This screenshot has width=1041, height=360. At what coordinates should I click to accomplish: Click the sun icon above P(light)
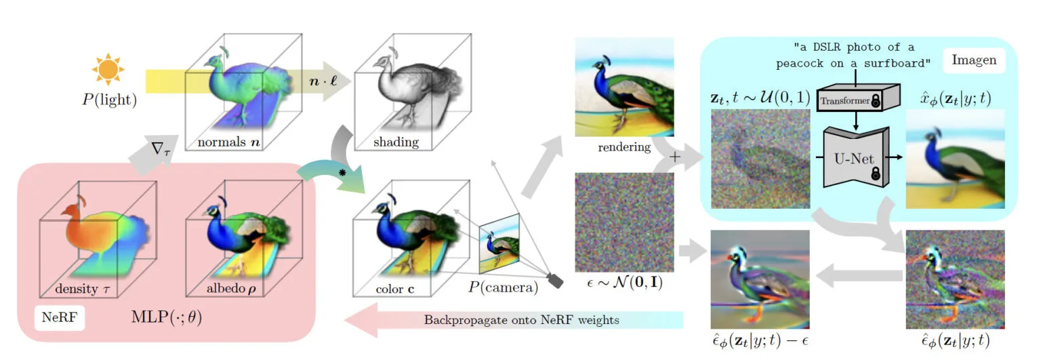click(108, 69)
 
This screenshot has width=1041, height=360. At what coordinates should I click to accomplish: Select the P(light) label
click(110, 100)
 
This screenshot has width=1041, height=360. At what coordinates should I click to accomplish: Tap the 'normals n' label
click(228, 142)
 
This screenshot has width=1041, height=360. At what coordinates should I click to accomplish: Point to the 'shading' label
click(396, 142)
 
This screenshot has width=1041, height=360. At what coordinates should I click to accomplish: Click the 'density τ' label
click(82, 289)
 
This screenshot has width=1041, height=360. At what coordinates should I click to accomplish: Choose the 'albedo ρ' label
click(231, 288)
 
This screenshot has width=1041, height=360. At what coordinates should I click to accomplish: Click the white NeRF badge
click(60, 317)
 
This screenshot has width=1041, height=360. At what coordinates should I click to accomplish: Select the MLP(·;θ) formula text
click(166, 317)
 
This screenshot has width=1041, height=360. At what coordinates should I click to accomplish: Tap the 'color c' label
click(394, 289)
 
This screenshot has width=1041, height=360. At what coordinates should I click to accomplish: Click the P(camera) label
click(503, 287)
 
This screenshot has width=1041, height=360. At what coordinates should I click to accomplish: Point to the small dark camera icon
click(555, 281)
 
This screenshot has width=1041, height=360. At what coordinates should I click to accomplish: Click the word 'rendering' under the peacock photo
click(624, 147)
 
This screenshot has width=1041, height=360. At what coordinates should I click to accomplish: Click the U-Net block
click(855, 157)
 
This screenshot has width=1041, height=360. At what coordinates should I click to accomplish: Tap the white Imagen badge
click(974, 60)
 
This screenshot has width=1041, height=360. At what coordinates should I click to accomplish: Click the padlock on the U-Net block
click(876, 174)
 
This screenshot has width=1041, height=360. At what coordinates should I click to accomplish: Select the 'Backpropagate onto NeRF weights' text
click(521, 320)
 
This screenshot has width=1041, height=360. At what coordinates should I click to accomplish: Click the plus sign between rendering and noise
click(675, 157)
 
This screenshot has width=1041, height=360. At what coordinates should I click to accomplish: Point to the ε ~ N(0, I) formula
click(625, 282)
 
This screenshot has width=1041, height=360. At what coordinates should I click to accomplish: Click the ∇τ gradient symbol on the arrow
click(161, 149)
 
